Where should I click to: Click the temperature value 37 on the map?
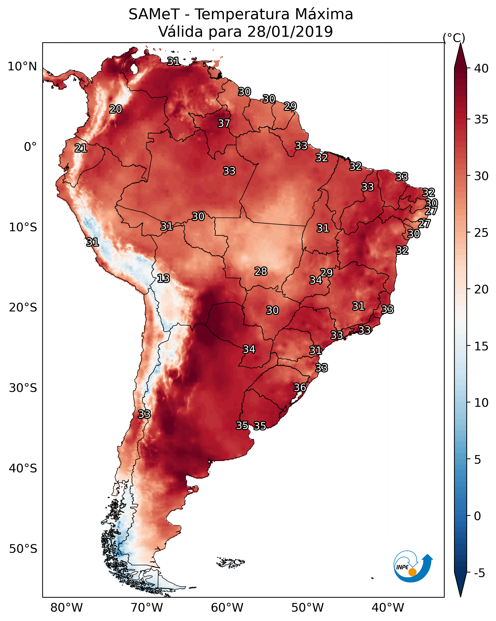coord(224,123)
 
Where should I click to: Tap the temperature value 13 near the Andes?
coord(163,278)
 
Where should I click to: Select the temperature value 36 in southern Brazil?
coord(300,387)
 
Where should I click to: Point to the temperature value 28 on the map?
coord(261,271)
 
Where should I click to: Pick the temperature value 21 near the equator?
coord(81,148)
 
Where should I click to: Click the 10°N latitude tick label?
coord(22,67)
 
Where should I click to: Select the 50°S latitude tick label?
coord(23,549)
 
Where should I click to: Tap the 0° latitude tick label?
coord(30,147)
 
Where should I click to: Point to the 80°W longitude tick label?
coord(66,608)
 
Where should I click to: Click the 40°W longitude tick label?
coord(388,608)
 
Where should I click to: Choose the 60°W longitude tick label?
coord(227,608)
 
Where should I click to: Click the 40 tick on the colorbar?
coord(481,68)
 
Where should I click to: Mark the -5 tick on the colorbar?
coord(479,573)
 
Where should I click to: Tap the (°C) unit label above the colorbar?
coord(454,38)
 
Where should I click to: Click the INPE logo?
coord(412,567)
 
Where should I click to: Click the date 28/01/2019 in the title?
coord(290,31)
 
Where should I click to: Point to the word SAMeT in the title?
coord(154,14)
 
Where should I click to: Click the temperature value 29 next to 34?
coord(326,273)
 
